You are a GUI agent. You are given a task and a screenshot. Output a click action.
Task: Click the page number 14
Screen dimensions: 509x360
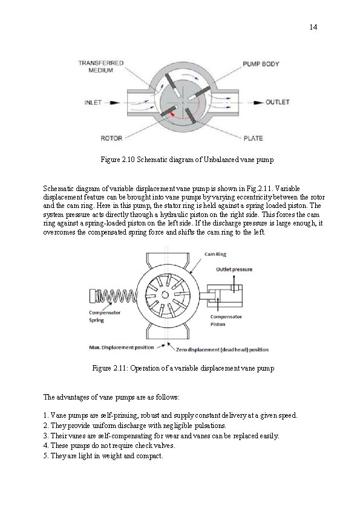click(313, 27)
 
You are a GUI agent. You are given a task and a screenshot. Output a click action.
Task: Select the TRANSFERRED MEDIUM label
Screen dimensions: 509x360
click(101, 66)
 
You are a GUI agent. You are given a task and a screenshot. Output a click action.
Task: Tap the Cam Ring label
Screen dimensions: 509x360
click(215, 254)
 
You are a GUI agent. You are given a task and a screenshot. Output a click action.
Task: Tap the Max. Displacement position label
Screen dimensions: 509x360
click(119, 348)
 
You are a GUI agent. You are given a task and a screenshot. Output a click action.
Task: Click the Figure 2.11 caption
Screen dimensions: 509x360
click(183, 368)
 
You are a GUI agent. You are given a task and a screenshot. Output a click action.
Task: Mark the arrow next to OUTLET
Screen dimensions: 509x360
click(257, 102)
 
